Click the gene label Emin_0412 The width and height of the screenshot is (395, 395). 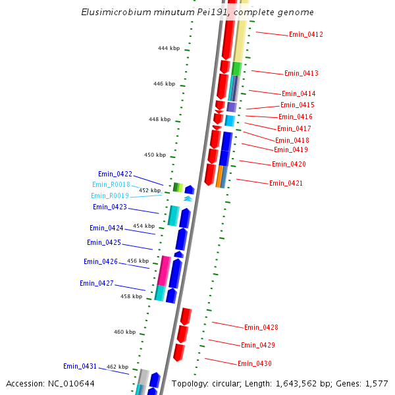[x=306, y=34]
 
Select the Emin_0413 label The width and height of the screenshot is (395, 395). [x=302, y=73]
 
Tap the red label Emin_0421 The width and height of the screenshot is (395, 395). [x=286, y=183]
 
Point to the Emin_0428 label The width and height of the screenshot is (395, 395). [x=261, y=327]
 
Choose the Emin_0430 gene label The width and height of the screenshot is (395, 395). [x=255, y=363]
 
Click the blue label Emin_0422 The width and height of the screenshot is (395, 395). [x=115, y=174]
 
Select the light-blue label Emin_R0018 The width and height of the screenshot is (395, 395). [x=111, y=185]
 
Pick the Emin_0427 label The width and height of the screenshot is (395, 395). [x=97, y=283]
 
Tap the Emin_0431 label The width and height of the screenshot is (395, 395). [x=80, y=366]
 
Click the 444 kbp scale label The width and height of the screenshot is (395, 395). [x=169, y=48]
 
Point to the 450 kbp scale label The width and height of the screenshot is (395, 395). [x=155, y=155]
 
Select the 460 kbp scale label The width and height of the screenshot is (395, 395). [x=124, y=332]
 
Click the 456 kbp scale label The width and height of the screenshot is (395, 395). [x=138, y=261]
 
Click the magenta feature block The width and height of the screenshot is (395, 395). [x=164, y=271]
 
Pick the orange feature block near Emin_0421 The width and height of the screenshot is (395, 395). [x=219, y=176]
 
